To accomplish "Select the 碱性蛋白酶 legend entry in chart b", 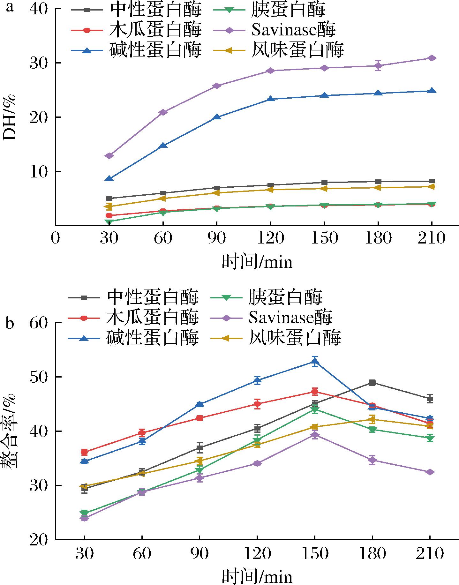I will [x=153, y=337].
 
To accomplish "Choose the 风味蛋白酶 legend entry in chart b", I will [x=295, y=337].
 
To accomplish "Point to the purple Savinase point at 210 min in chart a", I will [x=432, y=58].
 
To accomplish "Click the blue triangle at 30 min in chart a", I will [x=109, y=178].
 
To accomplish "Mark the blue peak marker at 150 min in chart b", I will [x=315, y=362].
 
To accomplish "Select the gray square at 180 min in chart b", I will [x=372, y=383].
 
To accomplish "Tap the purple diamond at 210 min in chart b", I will [x=430, y=472].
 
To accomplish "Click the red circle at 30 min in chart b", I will [x=85, y=452].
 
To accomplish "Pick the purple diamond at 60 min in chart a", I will [x=163, y=112].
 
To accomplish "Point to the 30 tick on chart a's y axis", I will [x=39, y=63].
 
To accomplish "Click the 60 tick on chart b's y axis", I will [x=39, y=323].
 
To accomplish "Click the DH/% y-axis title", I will [x=10, y=117].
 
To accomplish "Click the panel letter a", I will [x=10, y=7].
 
